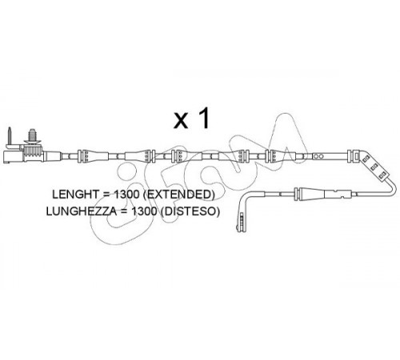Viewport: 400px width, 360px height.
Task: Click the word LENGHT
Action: (75, 194)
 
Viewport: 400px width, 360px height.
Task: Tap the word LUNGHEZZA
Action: (82, 211)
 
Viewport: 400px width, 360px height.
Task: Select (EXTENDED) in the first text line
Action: (178, 194)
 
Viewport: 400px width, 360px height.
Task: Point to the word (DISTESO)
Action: (190, 211)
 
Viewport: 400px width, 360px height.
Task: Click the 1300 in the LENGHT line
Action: (126, 194)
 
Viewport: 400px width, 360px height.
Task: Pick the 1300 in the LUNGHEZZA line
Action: (145, 211)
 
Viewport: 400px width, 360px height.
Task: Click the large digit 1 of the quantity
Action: (203, 118)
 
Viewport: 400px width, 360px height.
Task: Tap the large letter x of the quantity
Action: (181, 121)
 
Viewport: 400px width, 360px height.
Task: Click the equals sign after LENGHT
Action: (106, 194)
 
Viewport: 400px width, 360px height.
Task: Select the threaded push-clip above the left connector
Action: (32, 137)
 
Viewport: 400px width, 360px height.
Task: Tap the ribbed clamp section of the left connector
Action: (34, 154)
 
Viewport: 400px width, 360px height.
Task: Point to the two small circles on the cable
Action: (318, 156)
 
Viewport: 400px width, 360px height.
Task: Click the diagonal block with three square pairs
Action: (374, 166)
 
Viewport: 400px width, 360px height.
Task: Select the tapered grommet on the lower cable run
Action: (310, 194)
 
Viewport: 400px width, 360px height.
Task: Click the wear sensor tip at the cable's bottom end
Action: (241, 222)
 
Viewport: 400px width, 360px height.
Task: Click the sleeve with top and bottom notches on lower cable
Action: (338, 194)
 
